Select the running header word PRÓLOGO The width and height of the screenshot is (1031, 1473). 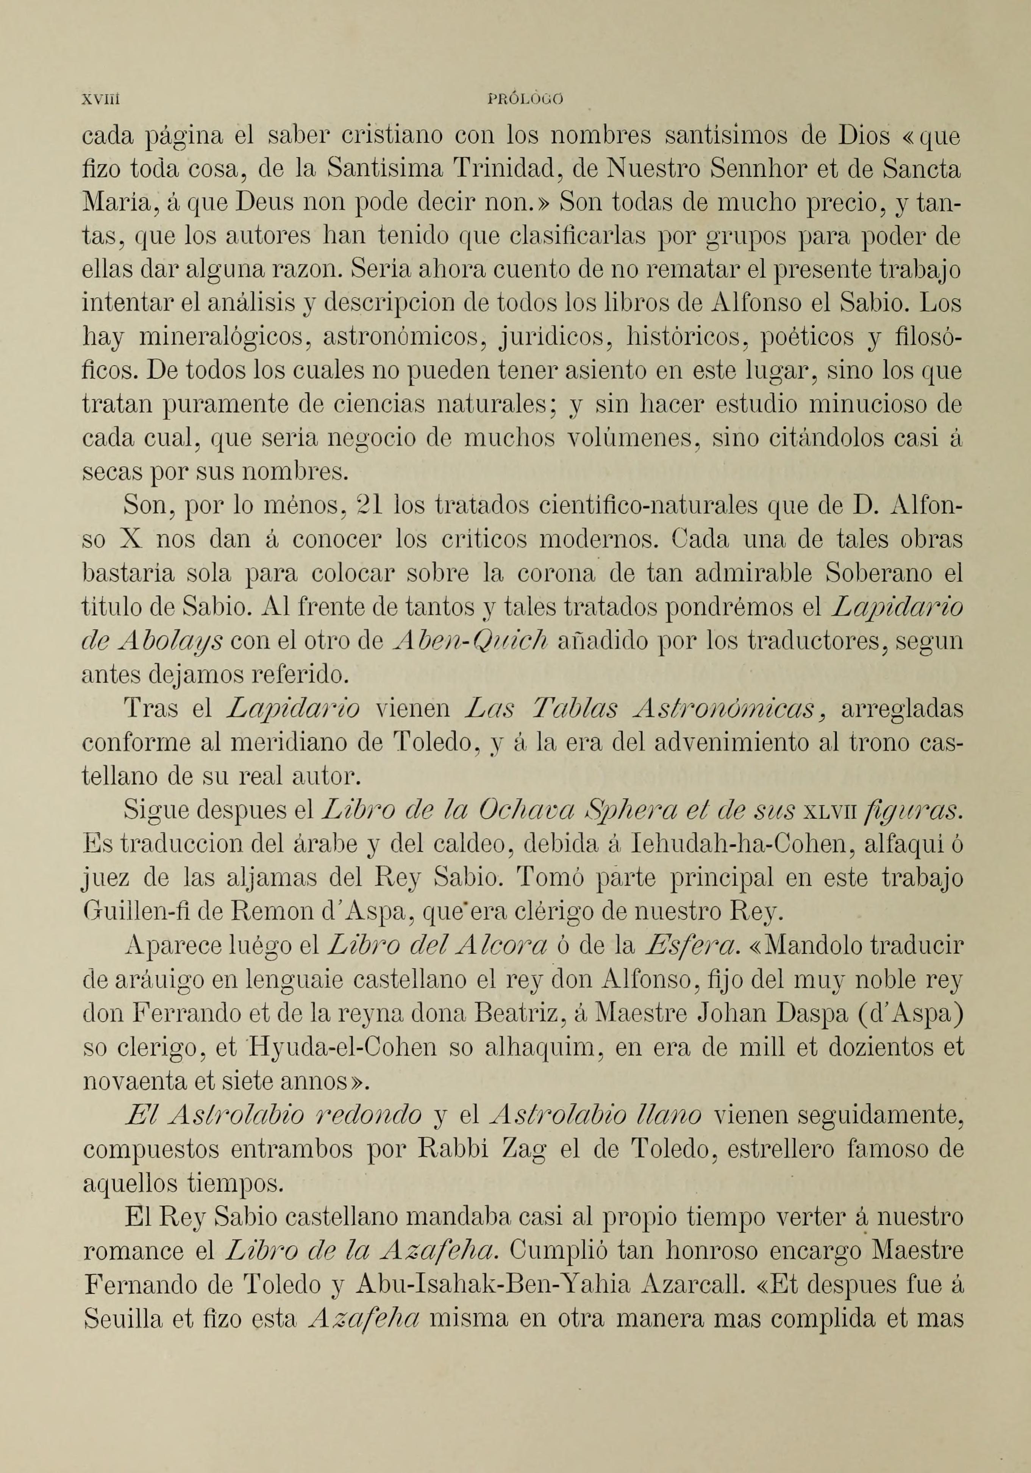[525, 100]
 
